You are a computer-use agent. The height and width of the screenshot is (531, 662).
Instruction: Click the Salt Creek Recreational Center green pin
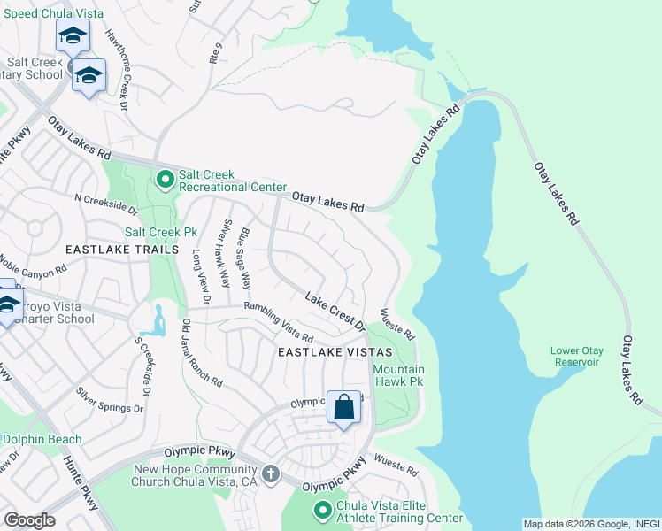[165, 181]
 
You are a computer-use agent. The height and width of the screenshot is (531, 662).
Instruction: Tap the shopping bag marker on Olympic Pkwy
[344, 408]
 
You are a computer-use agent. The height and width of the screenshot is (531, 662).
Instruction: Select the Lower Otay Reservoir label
[576, 356]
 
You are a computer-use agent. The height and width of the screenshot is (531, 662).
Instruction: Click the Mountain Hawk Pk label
[398, 375]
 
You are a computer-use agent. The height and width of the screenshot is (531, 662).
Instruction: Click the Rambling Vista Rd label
[279, 325]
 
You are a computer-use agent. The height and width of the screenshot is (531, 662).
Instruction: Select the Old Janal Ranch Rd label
[201, 352]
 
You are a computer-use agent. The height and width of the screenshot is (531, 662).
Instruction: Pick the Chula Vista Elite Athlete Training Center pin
[323, 511]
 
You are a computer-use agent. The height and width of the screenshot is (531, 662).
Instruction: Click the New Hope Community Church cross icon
[271, 474]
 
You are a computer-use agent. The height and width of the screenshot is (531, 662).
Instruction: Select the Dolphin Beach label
[41, 439]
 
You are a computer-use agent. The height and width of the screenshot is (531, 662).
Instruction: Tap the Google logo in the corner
[28, 519]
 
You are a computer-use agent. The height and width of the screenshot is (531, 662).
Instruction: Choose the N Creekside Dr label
[106, 205]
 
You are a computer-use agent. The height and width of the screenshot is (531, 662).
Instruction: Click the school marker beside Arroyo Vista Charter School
[7, 304]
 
